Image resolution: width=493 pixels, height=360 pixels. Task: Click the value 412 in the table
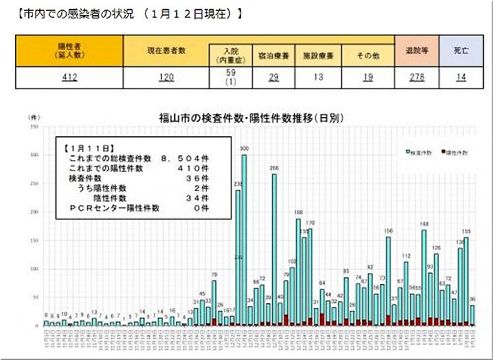click(70, 77)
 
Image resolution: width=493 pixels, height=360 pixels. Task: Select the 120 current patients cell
click(166, 77)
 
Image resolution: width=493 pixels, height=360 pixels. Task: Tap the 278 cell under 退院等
click(416, 77)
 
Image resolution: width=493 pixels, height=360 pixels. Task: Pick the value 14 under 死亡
click(461, 77)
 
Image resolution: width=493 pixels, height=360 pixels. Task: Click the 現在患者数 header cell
click(166, 52)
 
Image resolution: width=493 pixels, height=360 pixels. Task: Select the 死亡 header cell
click(461, 51)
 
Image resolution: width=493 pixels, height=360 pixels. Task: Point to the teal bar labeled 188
click(299, 274)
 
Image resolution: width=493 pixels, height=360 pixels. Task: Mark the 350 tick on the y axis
click(33, 127)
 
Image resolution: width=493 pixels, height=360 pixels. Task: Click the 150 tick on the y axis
click(33, 241)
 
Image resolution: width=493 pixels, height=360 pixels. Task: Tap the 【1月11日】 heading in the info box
click(87, 148)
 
